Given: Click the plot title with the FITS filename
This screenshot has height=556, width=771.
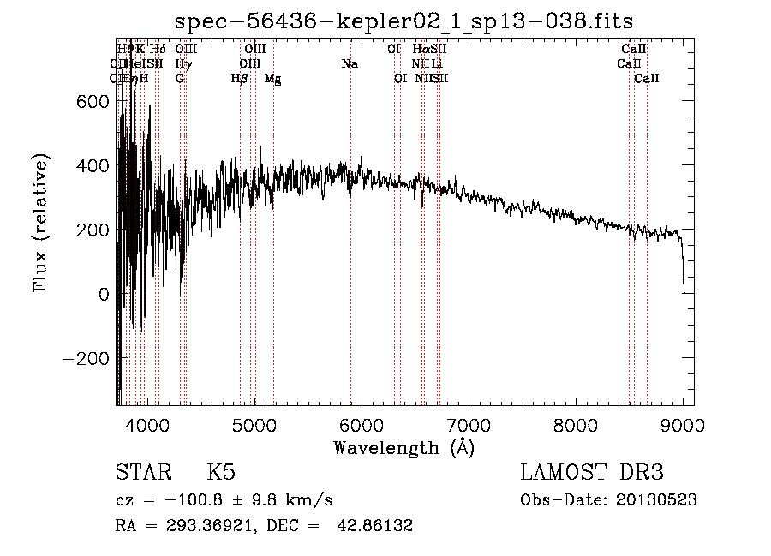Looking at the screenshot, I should (x=403, y=21).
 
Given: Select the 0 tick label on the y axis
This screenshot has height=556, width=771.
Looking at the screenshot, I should (x=104, y=294).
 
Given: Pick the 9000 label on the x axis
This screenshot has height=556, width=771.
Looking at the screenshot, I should (x=683, y=423).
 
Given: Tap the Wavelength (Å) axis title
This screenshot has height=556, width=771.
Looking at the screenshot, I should (x=403, y=447).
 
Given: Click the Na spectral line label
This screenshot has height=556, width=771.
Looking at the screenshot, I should (x=350, y=64).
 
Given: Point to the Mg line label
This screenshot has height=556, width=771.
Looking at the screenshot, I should (x=273, y=79).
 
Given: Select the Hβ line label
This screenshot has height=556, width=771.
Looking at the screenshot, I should (x=240, y=79).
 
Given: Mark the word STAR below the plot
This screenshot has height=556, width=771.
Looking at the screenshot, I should (x=142, y=472).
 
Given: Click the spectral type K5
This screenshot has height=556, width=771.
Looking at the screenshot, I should (x=220, y=472).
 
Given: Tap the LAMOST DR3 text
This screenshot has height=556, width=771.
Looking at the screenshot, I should (x=592, y=472).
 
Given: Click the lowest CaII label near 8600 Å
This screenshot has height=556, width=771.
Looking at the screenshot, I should (x=647, y=79).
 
